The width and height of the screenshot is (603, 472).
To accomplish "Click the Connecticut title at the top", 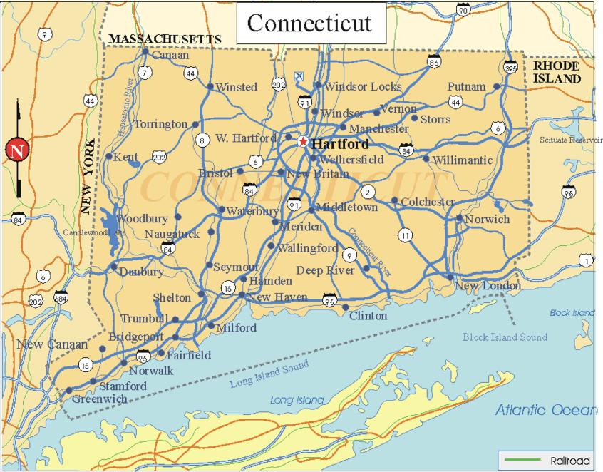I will (x=309, y=23).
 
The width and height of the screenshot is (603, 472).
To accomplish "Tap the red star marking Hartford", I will (x=304, y=142).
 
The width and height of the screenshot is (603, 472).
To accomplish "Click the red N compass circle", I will (x=16, y=150).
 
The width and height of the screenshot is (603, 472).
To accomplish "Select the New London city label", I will (x=488, y=286).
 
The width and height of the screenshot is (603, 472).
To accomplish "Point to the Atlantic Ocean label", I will (x=546, y=409).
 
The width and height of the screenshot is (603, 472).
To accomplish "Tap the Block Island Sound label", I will (x=505, y=337).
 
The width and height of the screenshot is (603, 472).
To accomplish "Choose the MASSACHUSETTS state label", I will (x=165, y=39).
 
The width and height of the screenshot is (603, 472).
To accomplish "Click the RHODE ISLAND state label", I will (x=556, y=72).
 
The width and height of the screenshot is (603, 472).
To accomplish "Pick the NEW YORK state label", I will (x=88, y=176).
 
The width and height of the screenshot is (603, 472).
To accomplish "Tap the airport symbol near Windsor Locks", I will (x=299, y=75).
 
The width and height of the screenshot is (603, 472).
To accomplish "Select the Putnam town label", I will (x=466, y=86).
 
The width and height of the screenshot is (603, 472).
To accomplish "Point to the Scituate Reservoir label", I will (x=571, y=140).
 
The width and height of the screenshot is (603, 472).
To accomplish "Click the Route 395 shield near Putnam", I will (x=510, y=68).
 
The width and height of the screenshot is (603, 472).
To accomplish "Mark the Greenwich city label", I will (x=99, y=399).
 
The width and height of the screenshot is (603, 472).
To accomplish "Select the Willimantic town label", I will (x=462, y=160).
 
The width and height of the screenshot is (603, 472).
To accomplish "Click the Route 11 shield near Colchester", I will (x=406, y=235).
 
